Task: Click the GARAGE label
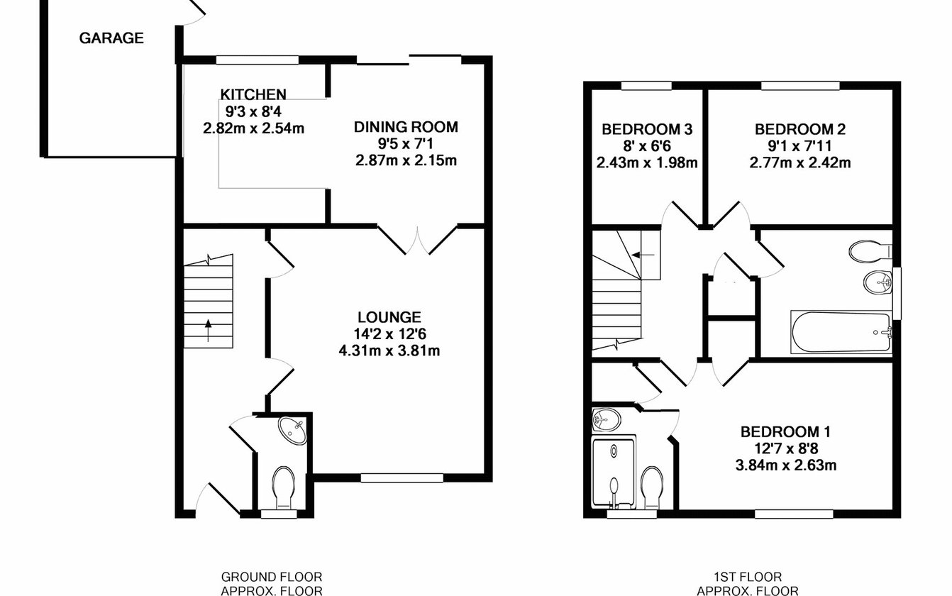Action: point(111,38)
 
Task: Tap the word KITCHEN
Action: point(253,94)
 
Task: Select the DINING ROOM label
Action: point(406,127)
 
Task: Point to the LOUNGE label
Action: point(389,317)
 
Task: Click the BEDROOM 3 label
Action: point(647,129)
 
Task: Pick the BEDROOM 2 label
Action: point(800,129)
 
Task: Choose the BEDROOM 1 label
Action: point(785,432)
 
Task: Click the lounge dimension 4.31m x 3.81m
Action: point(389,351)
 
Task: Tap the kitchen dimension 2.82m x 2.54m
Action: point(254,128)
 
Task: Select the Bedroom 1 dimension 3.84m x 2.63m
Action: point(786,465)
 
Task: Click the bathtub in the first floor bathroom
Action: point(841,332)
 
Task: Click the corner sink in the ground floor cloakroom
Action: point(293,430)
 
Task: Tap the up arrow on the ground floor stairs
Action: point(209,331)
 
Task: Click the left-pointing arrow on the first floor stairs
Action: point(643,255)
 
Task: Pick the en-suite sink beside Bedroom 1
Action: point(607,420)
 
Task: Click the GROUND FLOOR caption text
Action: point(272,577)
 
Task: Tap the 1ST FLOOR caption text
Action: point(748,577)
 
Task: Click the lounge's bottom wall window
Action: point(402,478)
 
